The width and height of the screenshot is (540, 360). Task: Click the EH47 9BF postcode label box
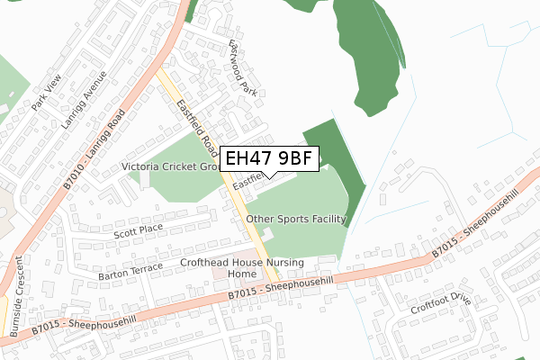click(x=269, y=158)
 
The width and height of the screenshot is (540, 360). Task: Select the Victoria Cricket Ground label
click(x=171, y=167)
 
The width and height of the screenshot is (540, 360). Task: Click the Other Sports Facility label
click(x=296, y=219)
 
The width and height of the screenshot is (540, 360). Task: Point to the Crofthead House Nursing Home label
click(x=243, y=267)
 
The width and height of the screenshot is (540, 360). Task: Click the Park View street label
click(x=45, y=96)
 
